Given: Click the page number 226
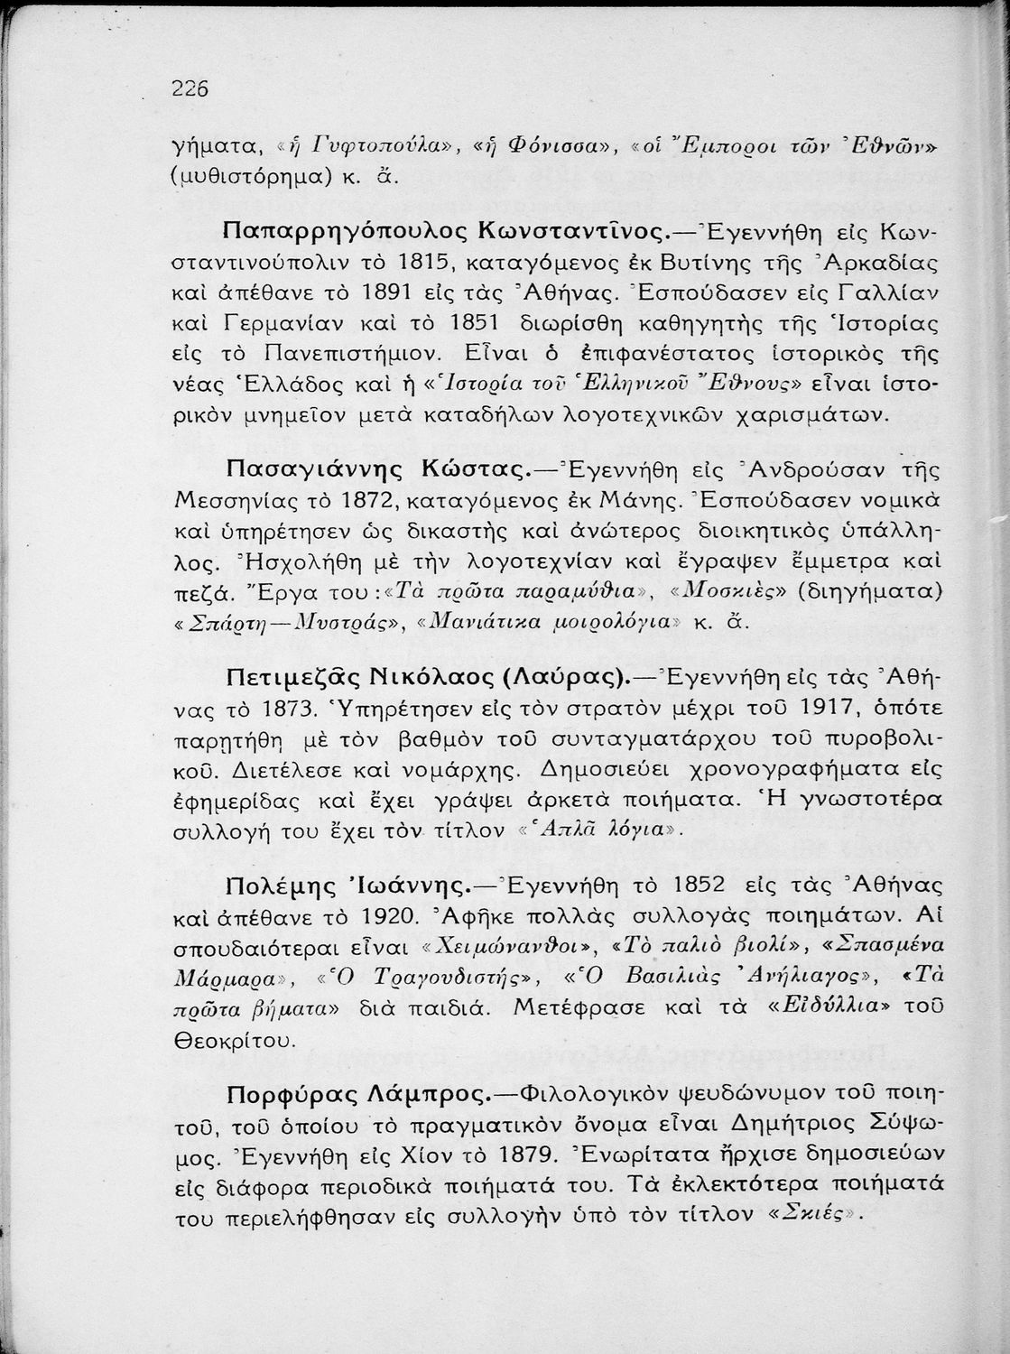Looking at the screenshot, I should (x=190, y=88).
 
